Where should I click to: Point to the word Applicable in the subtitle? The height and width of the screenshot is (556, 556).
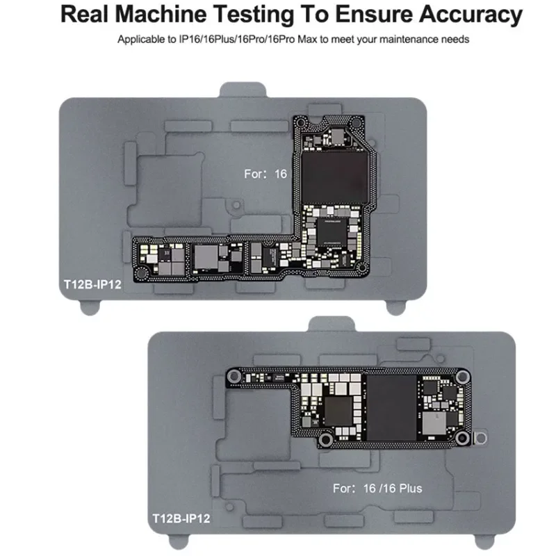tap(142, 40)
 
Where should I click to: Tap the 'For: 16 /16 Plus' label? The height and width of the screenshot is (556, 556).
tap(377, 489)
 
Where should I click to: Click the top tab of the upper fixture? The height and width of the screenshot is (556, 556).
tap(244, 91)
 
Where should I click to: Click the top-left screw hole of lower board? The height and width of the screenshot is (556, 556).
tap(234, 377)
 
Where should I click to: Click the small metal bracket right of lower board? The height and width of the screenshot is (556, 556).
tap(479, 439)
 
